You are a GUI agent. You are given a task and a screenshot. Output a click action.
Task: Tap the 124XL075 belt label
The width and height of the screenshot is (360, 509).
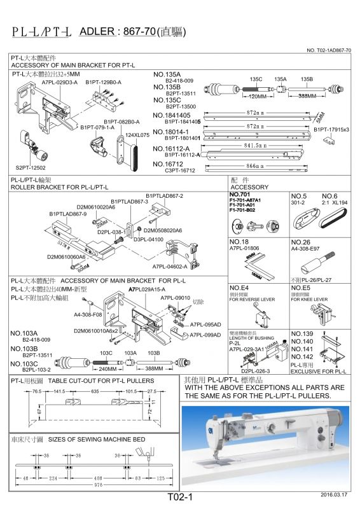137,135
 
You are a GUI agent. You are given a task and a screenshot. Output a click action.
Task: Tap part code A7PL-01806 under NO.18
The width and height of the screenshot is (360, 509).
245,249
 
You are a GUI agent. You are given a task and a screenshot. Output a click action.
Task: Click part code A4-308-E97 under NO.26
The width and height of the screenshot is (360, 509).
307,249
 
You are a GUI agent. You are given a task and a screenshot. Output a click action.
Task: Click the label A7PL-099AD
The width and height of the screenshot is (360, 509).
205,335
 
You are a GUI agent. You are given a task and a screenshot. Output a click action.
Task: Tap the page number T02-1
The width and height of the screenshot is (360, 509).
179,498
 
